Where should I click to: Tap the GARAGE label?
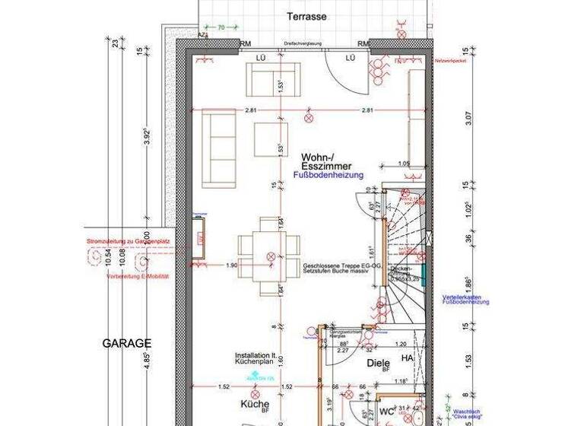[127, 344]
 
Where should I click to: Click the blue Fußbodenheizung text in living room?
[328, 175]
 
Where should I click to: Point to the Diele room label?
[378, 364]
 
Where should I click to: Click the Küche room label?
[255, 404]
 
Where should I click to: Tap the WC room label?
[388, 412]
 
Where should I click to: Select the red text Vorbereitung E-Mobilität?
[138, 276]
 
